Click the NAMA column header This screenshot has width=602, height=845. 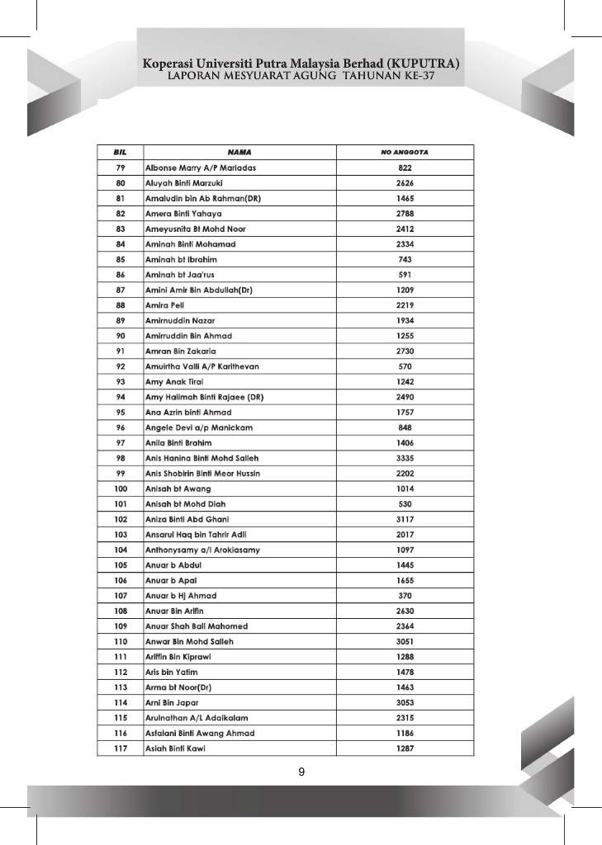tap(239, 153)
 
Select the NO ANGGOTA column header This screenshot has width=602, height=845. tap(405, 153)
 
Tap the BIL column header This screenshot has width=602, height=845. tap(121, 153)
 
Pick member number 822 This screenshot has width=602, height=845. tap(405, 168)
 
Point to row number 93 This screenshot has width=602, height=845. tap(121, 381)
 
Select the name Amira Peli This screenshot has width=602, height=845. tap(164, 305)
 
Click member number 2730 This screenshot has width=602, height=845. tap(405, 351)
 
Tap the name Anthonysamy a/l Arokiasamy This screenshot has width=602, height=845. tap(202, 550)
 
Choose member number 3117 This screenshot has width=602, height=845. tap(405, 519)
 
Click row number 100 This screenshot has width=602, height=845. tap(121, 489)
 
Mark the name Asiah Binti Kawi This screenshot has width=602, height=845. tap(175, 748)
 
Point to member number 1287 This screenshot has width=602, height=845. tap(405, 748)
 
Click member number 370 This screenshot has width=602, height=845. tap(405, 596)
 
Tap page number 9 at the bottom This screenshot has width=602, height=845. tap(301, 772)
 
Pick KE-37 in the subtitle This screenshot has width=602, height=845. tap(418, 77)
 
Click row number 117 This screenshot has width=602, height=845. tap(121, 748)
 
